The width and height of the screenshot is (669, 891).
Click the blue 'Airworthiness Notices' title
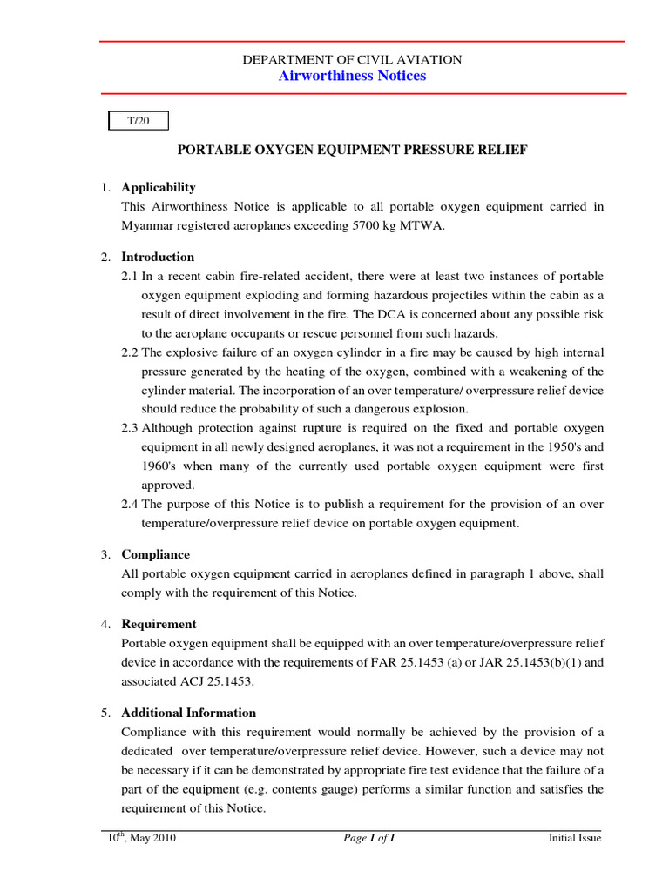tap(352, 76)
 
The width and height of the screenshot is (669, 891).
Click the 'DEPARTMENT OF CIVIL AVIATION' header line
tap(352, 59)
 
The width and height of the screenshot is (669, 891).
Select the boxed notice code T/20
tap(138, 121)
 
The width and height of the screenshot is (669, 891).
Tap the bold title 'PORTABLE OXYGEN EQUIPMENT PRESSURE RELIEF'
tap(352, 150)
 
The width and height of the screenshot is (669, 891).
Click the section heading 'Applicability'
tap(159, 187)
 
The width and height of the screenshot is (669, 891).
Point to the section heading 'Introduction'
tap(158, 257)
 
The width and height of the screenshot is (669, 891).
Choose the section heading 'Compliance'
tap(155, 554)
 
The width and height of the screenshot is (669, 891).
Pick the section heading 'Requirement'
tap(159, 624)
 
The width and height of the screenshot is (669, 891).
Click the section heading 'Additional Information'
tap(188, 713)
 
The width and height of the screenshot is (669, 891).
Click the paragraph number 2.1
tap(130, 276)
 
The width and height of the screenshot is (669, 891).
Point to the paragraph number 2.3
tap(130, 428)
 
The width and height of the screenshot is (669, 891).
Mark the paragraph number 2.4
tap(130, 505)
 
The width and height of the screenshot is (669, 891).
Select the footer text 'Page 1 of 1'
tap(370, 839)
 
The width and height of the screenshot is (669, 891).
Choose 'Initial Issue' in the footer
tap(574, 839)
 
